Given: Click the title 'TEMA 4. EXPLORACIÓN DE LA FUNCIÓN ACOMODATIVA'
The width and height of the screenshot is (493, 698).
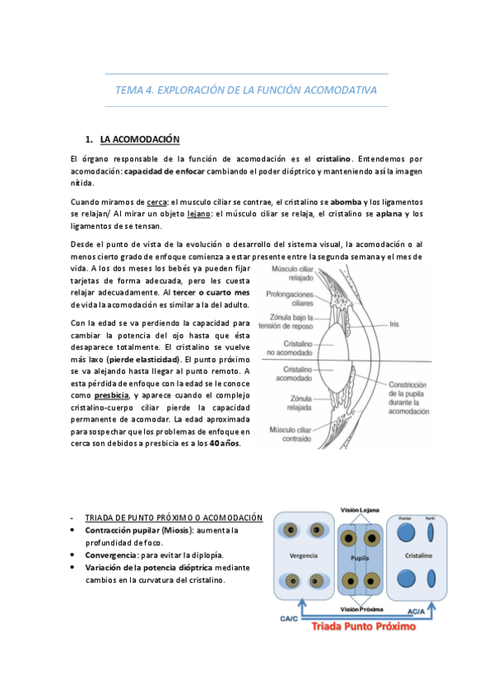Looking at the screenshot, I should pos(246,90).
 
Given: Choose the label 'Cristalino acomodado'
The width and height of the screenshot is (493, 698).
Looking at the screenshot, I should pos(285,375).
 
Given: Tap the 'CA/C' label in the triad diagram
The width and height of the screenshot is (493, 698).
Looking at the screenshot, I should pos(288,617).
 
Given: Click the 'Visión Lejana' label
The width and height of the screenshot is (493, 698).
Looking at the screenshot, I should pos(359,511).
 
